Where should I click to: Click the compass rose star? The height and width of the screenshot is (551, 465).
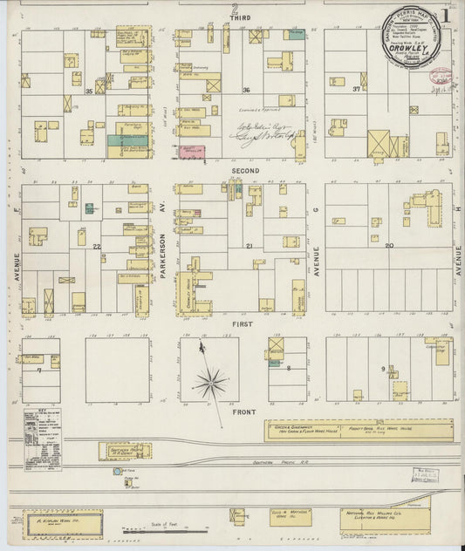click(x=210, y=381)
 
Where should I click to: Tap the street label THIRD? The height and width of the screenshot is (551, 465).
click(x=234, y=18)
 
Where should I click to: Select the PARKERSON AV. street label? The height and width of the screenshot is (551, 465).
click(x=163, y=259)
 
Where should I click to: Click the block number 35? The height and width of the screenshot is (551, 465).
click(x=89, y=91)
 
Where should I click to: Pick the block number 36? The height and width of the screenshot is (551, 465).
click(x=247, y=91)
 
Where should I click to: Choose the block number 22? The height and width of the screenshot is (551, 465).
click(x=97, y=247)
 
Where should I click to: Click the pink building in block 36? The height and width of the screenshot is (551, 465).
click(x=191, y=152)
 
